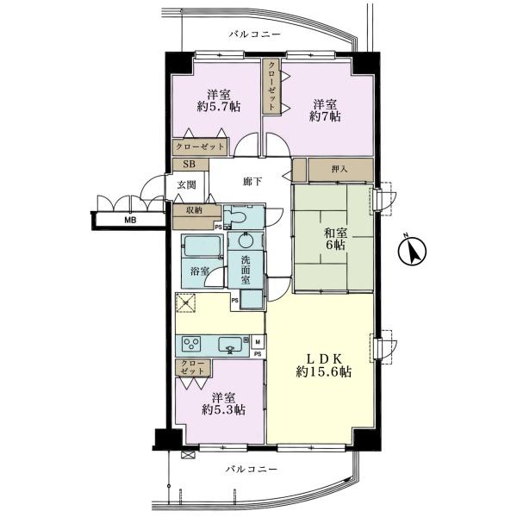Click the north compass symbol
click(412, 251)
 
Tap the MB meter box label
click(130, 221)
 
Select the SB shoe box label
click(190, 165)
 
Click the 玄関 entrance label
click(187, 185)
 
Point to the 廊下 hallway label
click(252, 182)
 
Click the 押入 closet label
click(339, 170)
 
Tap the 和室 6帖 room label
click(335, 239)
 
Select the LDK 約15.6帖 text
click(323, 365)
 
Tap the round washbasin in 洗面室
click(245, 241)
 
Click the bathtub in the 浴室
click(202, 246)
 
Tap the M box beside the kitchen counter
click(258, 342)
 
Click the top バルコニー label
click(255, 34)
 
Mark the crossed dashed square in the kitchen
click(186, 302)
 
